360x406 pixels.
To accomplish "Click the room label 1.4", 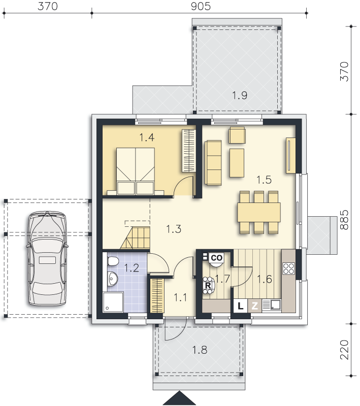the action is [x=147, y=137].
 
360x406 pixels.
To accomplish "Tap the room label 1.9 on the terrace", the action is [x=240, y=95].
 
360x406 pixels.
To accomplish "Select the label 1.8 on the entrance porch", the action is [x=200, y=350].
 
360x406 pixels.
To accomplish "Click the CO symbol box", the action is [x=216, y=258].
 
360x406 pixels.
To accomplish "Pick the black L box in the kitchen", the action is [x=241, y=306].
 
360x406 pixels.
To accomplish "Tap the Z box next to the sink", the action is [x=254, y=306].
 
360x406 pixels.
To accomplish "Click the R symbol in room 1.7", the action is [x=208, y=285].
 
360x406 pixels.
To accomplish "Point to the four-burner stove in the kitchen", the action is [x=288, y=268].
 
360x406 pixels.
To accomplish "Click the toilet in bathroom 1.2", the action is [x=113, y=261].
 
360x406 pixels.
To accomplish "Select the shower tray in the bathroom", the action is [x=113, y=302].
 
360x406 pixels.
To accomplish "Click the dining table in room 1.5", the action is [x=259, y=212].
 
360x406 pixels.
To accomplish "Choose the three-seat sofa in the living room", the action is [x=213, y=162].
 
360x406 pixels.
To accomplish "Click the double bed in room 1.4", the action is [x=136, y=171].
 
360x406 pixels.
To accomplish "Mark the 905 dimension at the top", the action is [x=201, y=6].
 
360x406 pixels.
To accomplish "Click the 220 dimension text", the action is [x=344, y=350].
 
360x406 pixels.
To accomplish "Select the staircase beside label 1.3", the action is [x=135, y=238].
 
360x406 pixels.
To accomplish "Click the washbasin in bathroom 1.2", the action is [x=112, y=279].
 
